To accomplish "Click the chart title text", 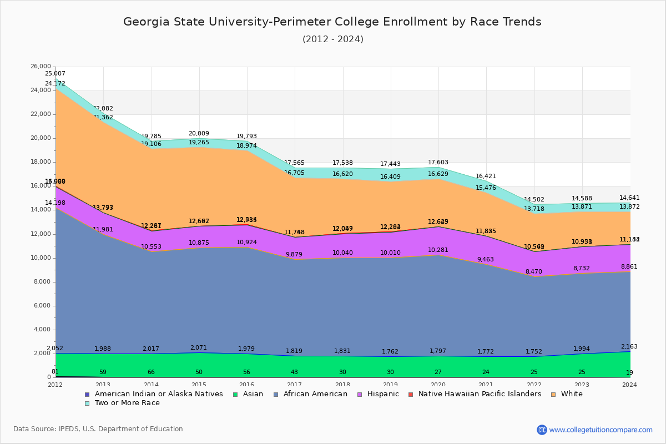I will point(332,22).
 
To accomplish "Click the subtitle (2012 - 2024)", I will point(332,39).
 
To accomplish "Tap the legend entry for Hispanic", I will point(379,394).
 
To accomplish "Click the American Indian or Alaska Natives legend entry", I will point(158,394).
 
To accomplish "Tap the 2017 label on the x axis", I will point(295,385).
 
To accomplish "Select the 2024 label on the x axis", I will point(629,385).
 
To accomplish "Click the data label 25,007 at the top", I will point(56,74).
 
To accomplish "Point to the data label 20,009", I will point(199,134).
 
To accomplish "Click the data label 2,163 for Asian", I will point(629,347).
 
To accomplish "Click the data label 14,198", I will point(56,203).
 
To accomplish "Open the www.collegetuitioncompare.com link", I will point(601,430).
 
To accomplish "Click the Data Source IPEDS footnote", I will point(98,429).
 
